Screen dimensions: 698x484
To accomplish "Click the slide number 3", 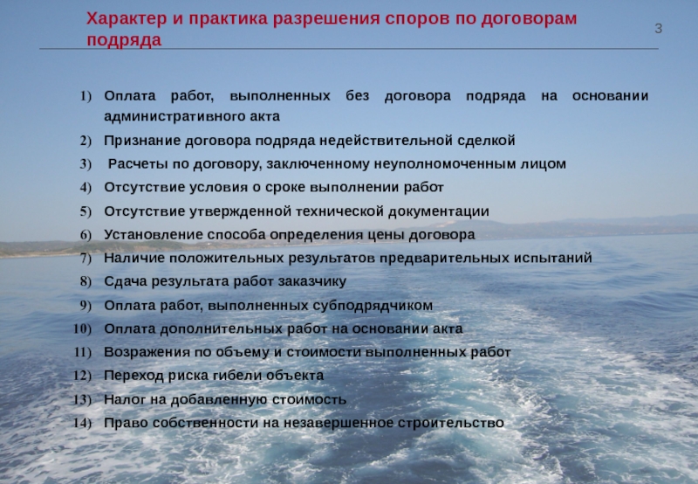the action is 659,29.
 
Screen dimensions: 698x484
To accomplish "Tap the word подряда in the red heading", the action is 124,40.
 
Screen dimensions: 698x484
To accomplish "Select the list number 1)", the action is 86,96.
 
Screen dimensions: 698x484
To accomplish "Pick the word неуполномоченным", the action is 445,164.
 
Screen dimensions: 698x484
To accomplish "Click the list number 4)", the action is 86,187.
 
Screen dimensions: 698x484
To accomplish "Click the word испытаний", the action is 553,258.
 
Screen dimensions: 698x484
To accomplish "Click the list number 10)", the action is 82,328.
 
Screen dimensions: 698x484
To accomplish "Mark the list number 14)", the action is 82,423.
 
